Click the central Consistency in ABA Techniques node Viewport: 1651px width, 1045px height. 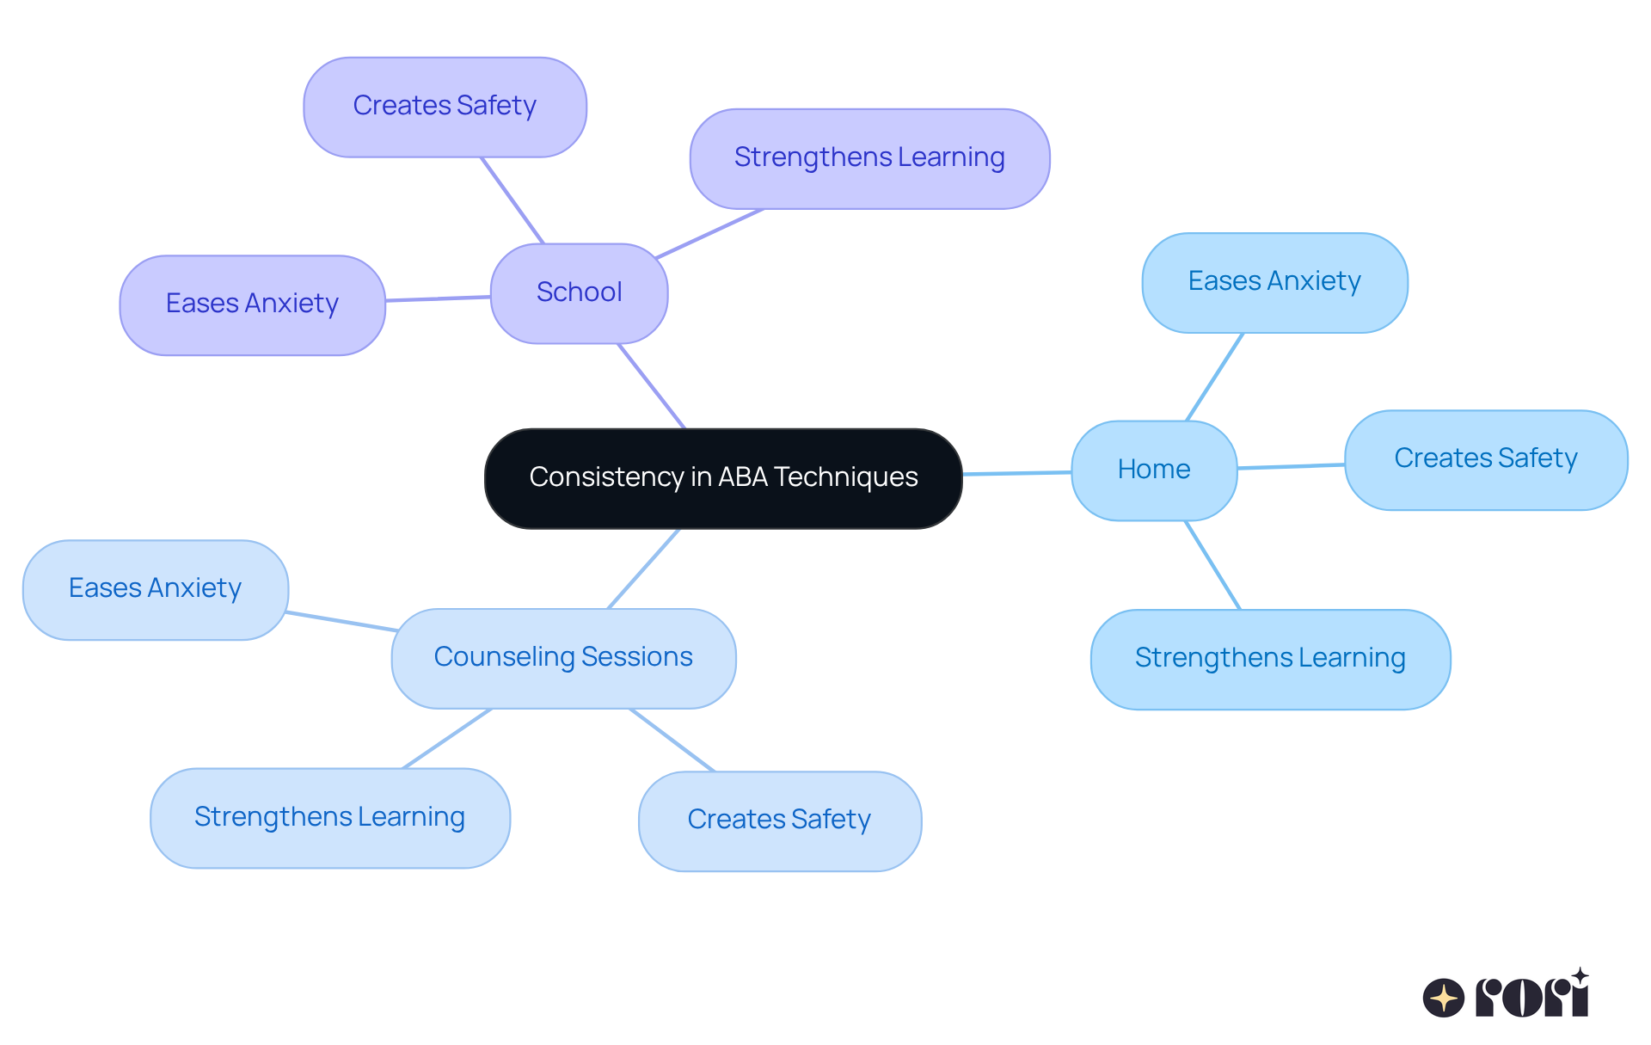coord(723,478)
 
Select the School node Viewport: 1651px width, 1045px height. coord(579,293)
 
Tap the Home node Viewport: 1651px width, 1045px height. coord(1154,470)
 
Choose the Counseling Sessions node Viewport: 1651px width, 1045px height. coord(563,658)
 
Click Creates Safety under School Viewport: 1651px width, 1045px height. coord(445,107)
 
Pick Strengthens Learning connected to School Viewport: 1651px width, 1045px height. coord(869,158)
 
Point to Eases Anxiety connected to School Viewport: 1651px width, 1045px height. coord(252,304)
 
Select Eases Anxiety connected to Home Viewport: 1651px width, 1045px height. coord(1274,282)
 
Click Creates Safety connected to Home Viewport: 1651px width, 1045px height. coord(1486,459)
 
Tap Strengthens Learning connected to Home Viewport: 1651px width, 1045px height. coord(1270,659)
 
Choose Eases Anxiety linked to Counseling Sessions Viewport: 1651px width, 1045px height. coord(155,589)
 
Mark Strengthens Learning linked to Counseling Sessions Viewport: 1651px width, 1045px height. coord(329,818)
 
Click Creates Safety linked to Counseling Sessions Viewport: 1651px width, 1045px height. coord(779,821)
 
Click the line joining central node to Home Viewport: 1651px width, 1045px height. coord(1016,473)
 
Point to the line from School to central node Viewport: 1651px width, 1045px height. coord(651,385)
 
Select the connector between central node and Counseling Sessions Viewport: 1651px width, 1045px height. coord(643,569)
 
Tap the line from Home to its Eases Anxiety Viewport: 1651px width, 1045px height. coord(1214,377)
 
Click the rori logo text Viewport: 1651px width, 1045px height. coord(1531,996)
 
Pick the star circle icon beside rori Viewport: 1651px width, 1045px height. coord(1444,998)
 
